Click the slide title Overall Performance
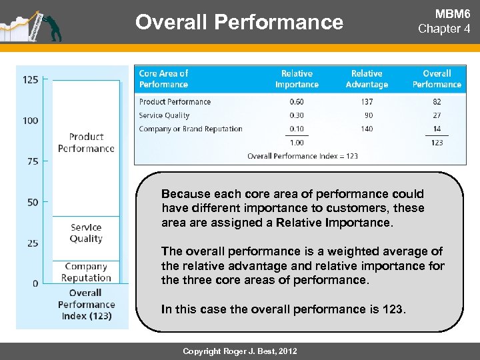click(x=239, y=22)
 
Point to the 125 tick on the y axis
click(x=31, y=79)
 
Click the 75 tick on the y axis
click(x=33, y=161)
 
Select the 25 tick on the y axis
click(x=33, y=243)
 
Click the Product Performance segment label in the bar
click(x=85, y=143)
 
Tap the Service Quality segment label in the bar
click(x=85, y=233)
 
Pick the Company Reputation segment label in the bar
click(x=85, y=272)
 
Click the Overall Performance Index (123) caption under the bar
click(x=85, y=304)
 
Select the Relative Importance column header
click(x=297, y=79)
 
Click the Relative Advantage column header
click(x=367, y=79)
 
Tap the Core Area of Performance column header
click(x=164, y=79)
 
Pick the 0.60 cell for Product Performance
click(x=297, y=102)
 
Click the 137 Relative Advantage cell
click(x=367, y=102)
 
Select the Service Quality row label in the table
click(x=164, y=115)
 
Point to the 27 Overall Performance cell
click(x=437, y=115)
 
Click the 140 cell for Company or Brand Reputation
click(x=367, y=129)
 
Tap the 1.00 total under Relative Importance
click(x=297, y=143)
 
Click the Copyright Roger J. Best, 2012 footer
click(x=241, y=351)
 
